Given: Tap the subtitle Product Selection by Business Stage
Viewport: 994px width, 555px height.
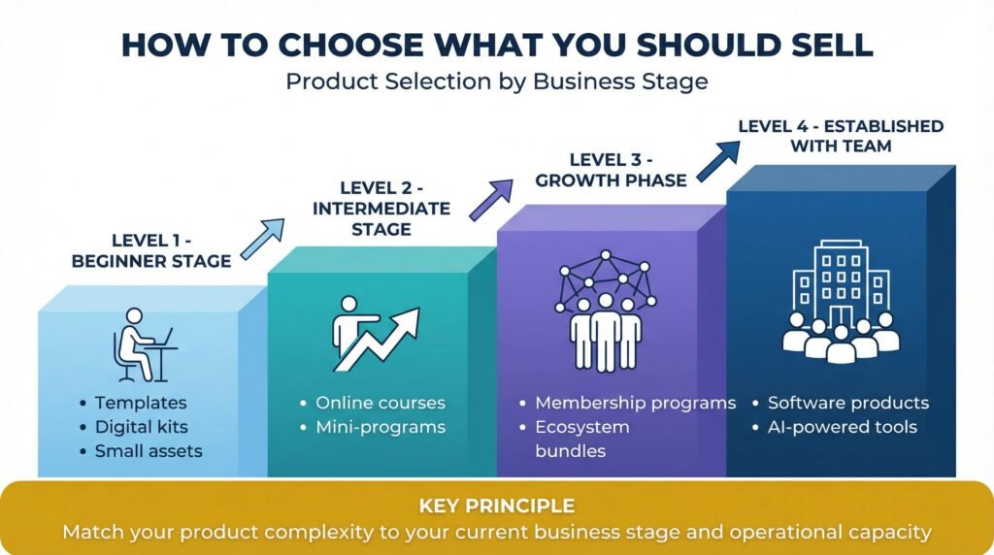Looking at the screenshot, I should [x=496, y=82].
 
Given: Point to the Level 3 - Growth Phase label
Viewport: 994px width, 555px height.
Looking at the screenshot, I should [x=613, y=170].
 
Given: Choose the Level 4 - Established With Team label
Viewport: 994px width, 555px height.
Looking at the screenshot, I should [x=841, y=136].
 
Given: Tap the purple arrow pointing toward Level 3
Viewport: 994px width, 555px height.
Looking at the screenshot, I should [x=492, y=199].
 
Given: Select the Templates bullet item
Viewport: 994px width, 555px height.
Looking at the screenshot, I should [x=141, y=403].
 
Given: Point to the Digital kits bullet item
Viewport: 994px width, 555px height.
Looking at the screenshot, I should [x=142, y=427].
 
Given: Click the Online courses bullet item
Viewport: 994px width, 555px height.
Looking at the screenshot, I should [x=380, y=403].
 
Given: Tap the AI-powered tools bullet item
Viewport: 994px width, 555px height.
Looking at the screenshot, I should [x=842, y=427].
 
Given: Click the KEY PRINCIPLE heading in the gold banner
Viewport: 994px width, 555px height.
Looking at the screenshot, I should [x=496, y=506].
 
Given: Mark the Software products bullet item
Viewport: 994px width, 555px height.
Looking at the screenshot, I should [x=847, y=403].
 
